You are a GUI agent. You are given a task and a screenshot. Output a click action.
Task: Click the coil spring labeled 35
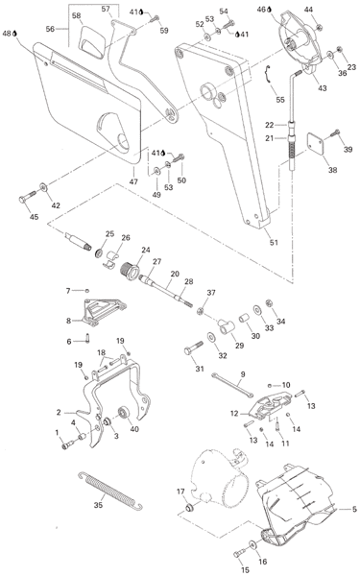tap(110, 491)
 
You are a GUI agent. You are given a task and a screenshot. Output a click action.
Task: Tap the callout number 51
tap(274, 243)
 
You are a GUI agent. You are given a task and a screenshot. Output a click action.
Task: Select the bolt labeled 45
tap(27, 197)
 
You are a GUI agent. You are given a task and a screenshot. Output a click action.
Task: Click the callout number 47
tap(133, 181)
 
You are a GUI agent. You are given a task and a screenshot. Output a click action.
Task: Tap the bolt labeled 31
tap(193, 348)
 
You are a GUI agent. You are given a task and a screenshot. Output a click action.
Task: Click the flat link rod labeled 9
tap(232, 385)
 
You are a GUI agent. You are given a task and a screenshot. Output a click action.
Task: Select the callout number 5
tap(354, 509)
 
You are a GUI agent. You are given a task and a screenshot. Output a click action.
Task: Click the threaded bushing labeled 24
tap(130, 271)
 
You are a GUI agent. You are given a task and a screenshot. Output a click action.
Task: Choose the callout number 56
tap(50, 29)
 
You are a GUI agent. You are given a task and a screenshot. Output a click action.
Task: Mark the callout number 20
tap(175, 274)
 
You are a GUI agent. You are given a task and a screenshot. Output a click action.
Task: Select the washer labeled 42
tap(43, 187)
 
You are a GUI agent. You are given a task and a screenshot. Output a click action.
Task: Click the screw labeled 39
tap(335, 132)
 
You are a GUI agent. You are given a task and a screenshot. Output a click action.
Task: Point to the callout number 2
tap(59, 412)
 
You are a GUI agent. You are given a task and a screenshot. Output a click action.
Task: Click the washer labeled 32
tap(211, 337)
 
